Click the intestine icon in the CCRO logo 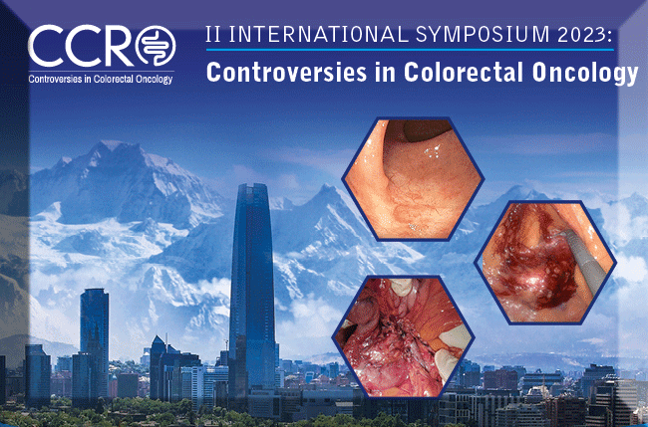(156, 46)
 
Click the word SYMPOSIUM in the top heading (484, 34)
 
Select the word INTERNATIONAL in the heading (318, 34)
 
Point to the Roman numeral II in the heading (213, 35)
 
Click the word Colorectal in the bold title (464, 72)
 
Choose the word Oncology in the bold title (585, 74)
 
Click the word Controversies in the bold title (286, 72)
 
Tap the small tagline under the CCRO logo (101, 79)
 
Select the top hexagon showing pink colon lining (413, 178)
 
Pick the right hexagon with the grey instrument (545, 263)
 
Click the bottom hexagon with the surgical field (404, 336)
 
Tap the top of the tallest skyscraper (252, 184)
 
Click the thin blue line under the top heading (410, 50)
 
